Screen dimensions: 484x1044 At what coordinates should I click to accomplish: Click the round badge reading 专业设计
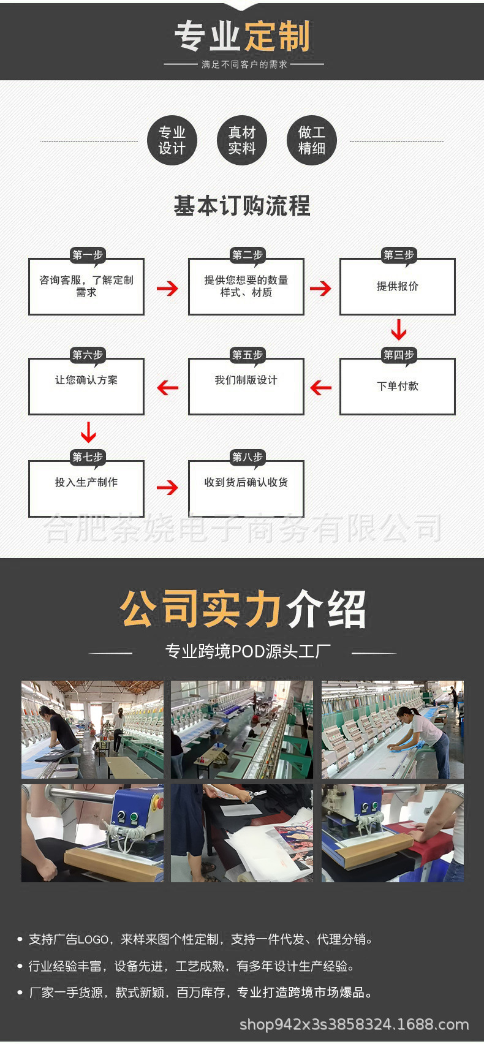coord(172,140)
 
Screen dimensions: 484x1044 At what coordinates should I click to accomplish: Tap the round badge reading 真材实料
coord(241,140)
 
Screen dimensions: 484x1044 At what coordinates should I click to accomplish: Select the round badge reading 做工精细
coord(311,140)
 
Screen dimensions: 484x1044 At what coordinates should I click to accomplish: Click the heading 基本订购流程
coord(242,206)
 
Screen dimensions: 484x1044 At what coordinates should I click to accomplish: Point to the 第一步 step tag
coord(87,255)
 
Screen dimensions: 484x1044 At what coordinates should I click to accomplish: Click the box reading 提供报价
coord(397,287)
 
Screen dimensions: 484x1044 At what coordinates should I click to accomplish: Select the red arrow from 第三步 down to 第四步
coord(398,330)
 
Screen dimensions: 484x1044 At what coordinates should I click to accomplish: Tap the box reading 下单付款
coord(397,387)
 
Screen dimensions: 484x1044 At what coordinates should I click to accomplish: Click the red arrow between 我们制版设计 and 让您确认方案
coord(167,387)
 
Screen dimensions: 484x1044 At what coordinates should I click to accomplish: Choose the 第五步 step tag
coord(247,355)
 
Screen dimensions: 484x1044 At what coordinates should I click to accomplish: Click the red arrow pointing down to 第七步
coord(88,432)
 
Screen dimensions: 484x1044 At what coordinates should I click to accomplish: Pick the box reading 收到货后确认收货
coord(246,488)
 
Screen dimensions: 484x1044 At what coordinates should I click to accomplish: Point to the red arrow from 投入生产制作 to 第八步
coord(167,487)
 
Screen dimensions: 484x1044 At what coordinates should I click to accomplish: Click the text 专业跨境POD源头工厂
coord(248,651)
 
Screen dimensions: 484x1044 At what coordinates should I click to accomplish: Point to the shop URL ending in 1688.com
coord(354,1024)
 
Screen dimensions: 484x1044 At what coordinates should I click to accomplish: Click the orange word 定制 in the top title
coord(277,37)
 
